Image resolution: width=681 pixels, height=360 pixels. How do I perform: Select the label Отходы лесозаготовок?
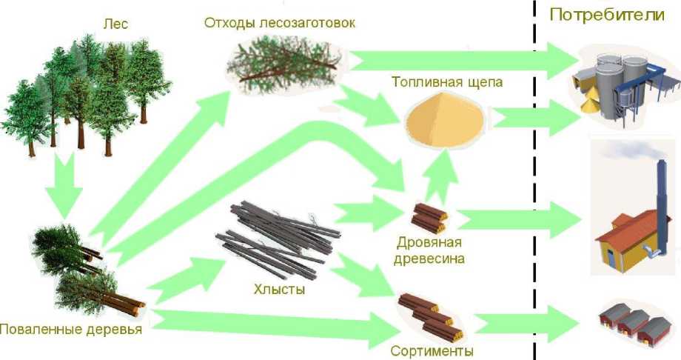(279, 22)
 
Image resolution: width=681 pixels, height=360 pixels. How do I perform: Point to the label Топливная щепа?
(446, 82)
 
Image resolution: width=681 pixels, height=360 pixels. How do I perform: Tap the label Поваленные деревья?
(70, 330)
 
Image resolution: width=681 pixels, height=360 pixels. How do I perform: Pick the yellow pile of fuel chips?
(446, 119)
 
